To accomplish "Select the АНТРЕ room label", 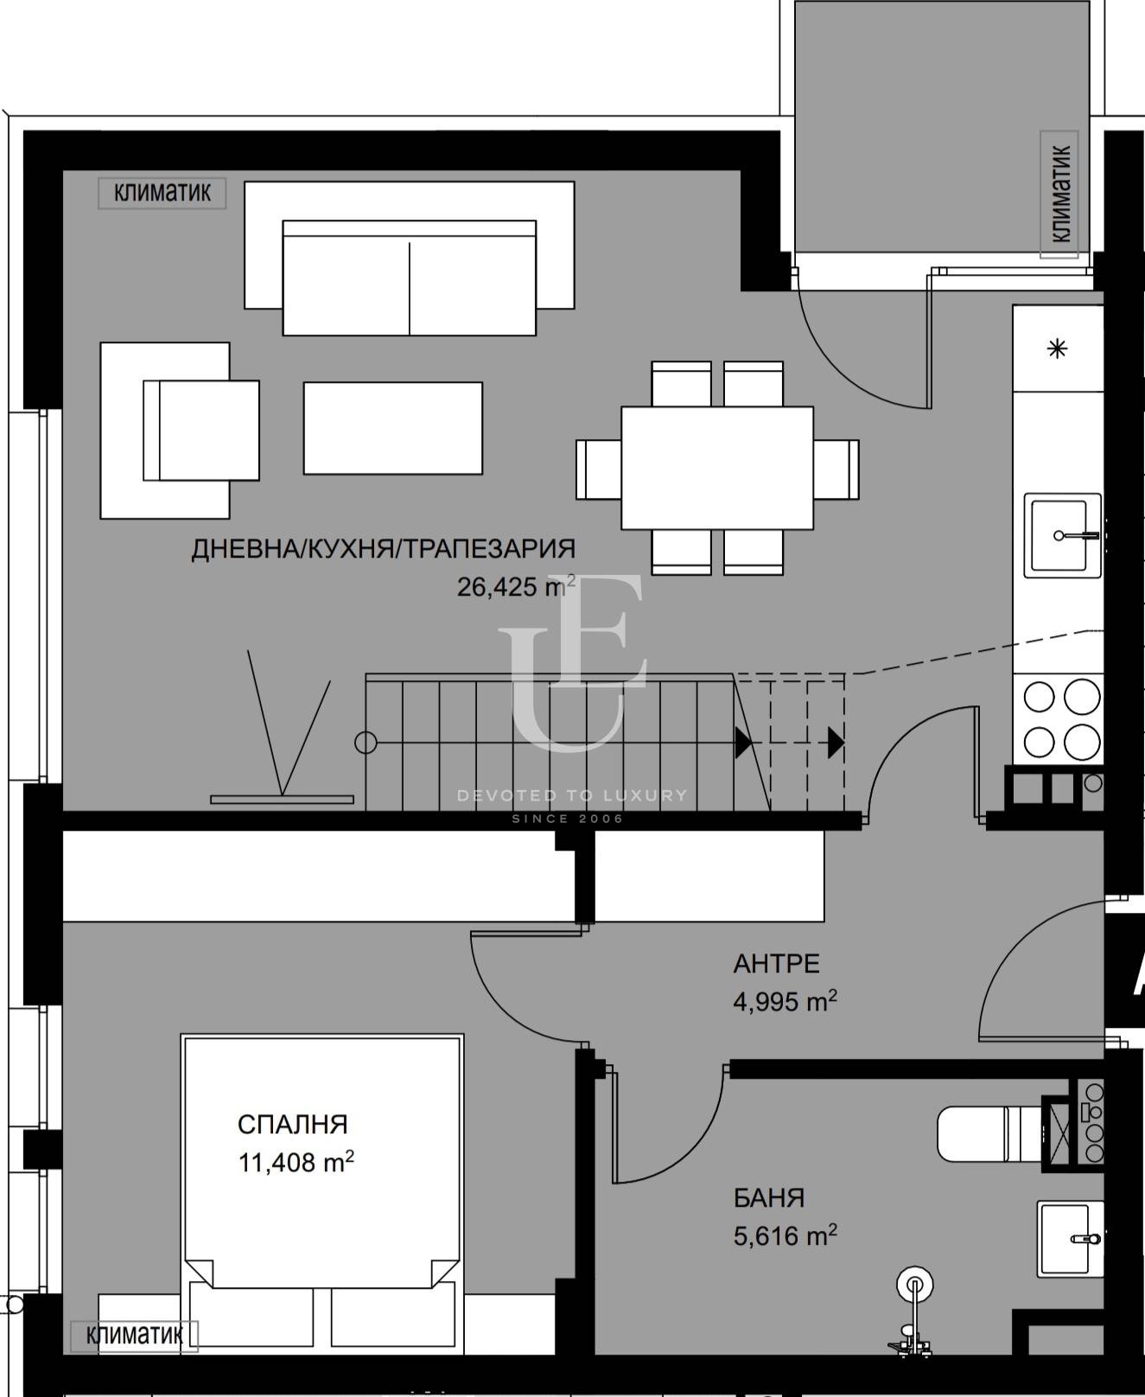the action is (x=776, y=963).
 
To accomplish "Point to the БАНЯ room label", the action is (x=769, y=1198).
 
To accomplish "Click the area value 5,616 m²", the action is (x=785, y=1235).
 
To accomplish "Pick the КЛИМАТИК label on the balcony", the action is (x=1060, y=194).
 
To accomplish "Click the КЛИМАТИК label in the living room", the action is (x=162, y=193).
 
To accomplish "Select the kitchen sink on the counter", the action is (x=1063, y=535).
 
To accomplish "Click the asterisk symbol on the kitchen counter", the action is (x=1058, y=349).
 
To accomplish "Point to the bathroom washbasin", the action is (x=1070, y=1239).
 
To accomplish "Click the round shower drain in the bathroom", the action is (x=914, y=1285).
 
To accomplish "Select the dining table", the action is (x=717, y=468).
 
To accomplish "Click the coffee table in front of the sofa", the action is (x=392, y=428).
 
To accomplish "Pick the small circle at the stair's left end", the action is (x=366, y=742).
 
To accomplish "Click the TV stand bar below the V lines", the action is (x=282, y=800).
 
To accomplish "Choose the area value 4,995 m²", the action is (x=785, y=1001).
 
